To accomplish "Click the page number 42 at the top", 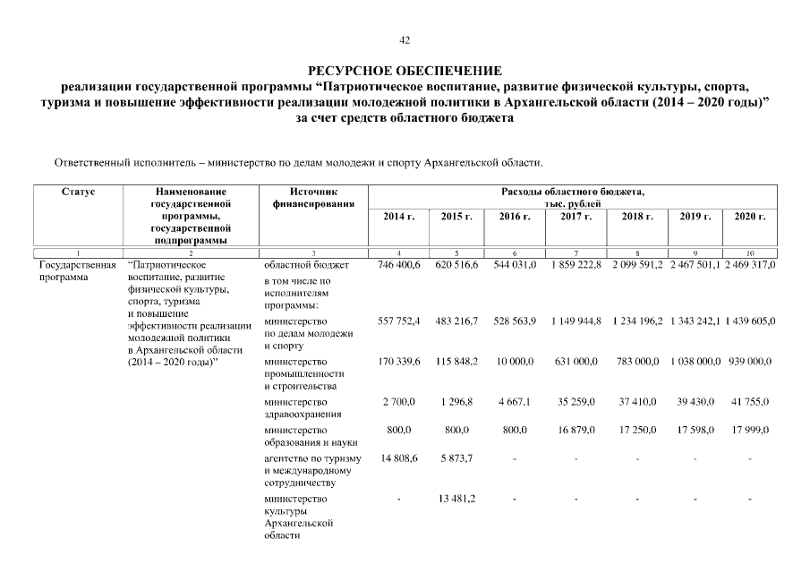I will (x=405, y=39).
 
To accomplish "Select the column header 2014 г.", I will (x=399, y=217).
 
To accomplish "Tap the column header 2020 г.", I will (x=749, y=217).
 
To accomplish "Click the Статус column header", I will (x=79, y=192).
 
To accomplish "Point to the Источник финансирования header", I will (x=313, y=198).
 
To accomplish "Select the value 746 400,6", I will (x=399, y=266).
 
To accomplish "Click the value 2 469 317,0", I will (x=749, y=266).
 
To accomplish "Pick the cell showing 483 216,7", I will (x=456, y=321).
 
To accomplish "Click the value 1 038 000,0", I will (x=695, y=361).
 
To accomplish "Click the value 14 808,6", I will (x=399, y=458).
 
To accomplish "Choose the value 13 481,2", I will (x=456, y=499).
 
